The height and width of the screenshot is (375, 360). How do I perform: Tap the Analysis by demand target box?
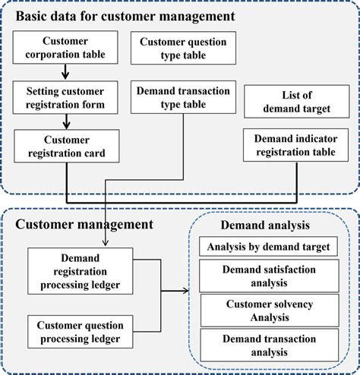(267, 247)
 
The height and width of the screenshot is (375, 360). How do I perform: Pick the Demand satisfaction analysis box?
(267, 276)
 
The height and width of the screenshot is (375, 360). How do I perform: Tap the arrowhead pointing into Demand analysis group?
(188, 291)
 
